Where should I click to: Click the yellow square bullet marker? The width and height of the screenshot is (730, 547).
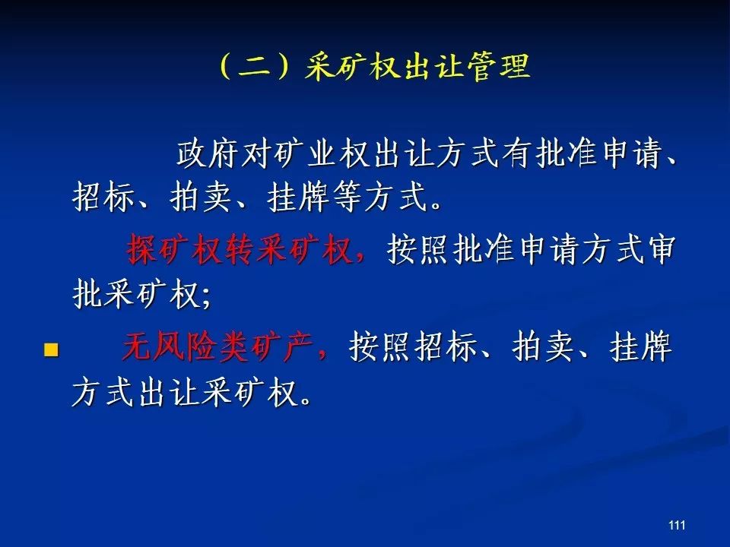(51, 349)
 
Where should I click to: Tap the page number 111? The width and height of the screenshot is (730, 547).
(677, 525)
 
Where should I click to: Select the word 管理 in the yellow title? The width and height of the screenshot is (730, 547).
(498, 67)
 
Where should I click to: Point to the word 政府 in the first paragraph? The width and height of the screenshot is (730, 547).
(207, 153)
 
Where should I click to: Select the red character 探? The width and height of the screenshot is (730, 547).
(141, 250)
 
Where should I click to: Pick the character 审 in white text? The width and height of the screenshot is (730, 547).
(660, 250)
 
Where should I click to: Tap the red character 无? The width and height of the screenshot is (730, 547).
(137, 346)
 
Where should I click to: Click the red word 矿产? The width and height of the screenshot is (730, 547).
(281, 346)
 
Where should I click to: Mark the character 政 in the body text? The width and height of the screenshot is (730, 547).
(192, 153)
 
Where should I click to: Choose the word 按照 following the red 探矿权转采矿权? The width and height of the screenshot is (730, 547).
(419, 250)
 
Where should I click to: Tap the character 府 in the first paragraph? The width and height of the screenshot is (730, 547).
(223, 153)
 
